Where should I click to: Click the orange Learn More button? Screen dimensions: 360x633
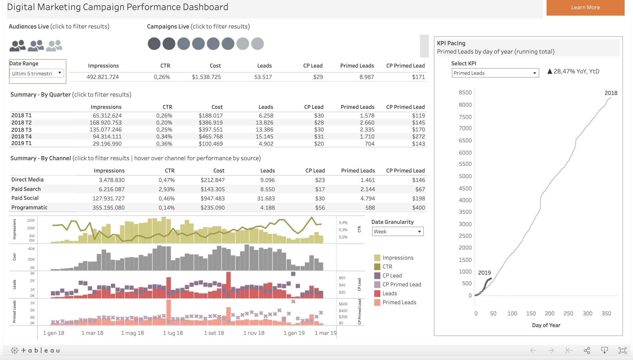pyautogui.click(x=585, y=8)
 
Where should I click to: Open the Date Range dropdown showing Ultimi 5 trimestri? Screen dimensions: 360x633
pyautogui.click(x=37, y=73)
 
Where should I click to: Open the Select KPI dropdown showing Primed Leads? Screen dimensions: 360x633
pyautogui.click(x=495, y=73)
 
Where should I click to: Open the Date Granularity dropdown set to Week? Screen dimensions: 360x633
pyautogui.click(x=397, y=231)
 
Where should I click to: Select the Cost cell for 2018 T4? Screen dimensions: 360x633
pyautogui.click(x=211, y=136)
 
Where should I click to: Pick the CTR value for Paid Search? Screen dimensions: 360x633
pyautogui.click(x=166, y=189)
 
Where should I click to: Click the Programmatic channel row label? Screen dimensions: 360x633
pyautogui.click(x=29, y=207)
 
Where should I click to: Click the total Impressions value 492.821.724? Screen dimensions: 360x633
pyautogui.click(x=103, y=77)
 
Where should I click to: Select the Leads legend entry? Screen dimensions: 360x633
pyautogui.click(x=390, y=293)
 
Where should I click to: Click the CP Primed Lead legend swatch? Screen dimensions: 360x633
pyautogui.click(x=377, y=284)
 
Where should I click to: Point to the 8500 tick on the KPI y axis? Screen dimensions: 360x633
pyautogui.click(x=465, y=92)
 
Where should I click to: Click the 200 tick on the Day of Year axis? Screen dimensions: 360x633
pyautogui.click(x=549, y=313)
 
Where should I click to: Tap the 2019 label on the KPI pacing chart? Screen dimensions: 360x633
pyautogui.click(x=484, y=273)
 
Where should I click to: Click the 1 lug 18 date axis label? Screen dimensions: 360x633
pyautogui.click(x=173, y=333)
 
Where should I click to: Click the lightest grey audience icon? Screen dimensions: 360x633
pyautogui.click(x=54, y=45)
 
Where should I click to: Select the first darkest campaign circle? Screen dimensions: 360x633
pyautogui.click(x=154, y=44)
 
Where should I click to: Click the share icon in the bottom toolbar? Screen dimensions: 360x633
pyautogui.click(x=587, y=350)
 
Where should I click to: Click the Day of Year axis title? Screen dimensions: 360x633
pyautogui.click(x=546, y=325)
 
